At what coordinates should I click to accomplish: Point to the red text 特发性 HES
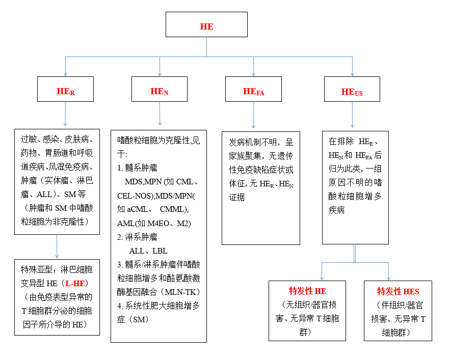click(398, 292)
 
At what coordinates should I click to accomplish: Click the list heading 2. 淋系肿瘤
click(137, 237)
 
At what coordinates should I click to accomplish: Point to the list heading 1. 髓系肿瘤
click(137, 168)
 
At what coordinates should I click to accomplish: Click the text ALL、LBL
click(148, 251)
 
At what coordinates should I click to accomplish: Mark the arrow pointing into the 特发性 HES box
click(389, 271)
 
